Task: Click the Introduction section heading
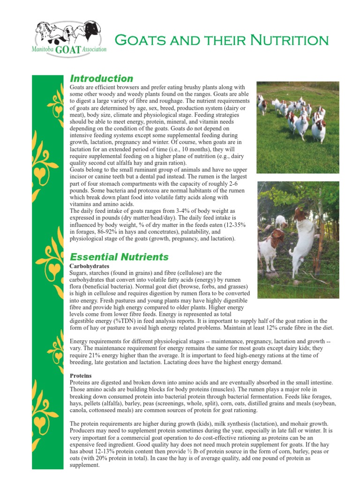[101, 78]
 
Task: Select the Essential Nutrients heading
[119, 256]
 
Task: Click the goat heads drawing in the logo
[68, 32]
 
